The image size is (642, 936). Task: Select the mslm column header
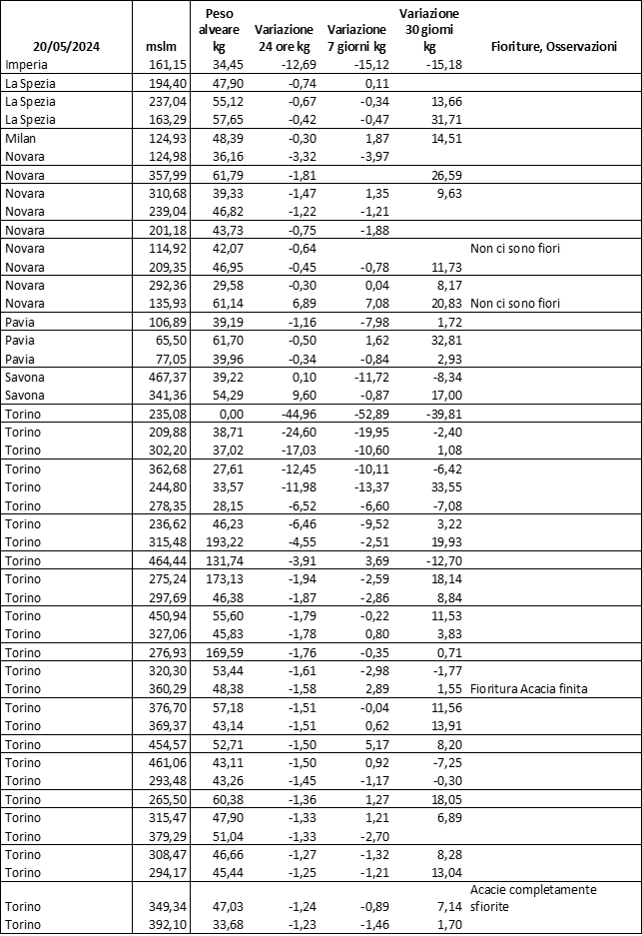(161, 46)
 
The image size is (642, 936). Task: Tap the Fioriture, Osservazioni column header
(553, 46)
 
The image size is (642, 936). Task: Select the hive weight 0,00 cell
(216, 413)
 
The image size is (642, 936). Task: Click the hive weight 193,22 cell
(213, 540)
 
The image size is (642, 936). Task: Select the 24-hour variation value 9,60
(299, 395)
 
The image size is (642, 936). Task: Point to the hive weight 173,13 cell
(213, 578)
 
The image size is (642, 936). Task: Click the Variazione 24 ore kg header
(285, 38)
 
